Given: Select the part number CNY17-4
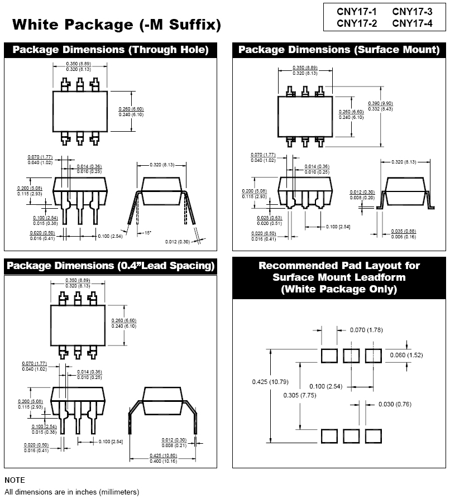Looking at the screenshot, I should tap(412, 23).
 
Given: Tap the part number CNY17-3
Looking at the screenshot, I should tap(412, 12).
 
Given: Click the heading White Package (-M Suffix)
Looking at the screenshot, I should tap(117, 25).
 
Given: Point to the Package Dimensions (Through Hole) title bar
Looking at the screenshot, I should tap(111, 50).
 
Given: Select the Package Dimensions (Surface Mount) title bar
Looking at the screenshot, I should tap(339, 50).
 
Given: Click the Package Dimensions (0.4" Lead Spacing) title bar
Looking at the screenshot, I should tap(111, 266).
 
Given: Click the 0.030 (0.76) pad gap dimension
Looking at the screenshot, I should tap(395, 404).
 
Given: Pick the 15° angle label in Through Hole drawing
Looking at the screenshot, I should tap(148, 232).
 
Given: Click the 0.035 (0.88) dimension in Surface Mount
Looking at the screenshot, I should tap(404, 231).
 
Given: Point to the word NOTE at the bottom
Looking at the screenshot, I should tap(15, 480).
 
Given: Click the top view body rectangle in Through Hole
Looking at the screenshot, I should tap(79, 111).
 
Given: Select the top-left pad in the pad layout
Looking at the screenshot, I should tap(329, 356).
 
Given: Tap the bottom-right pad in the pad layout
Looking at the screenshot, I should tap(374, 436).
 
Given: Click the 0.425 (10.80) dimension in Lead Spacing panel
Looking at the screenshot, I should tap(162, 456).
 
